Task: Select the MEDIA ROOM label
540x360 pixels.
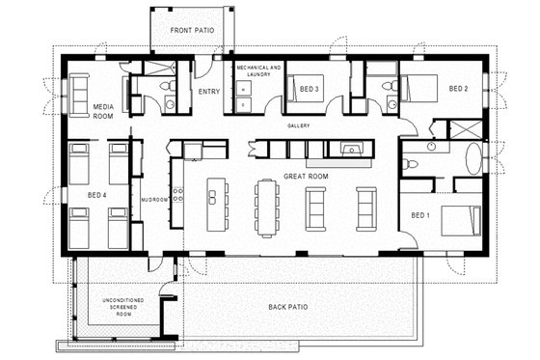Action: tap(104, 111)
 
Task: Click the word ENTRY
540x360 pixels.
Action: tap(208, 92)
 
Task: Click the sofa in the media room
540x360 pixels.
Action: tap(77, 95)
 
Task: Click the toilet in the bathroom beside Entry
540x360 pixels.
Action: tap(170, 103)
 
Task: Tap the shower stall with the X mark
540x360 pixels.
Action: tap(467, 130)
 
